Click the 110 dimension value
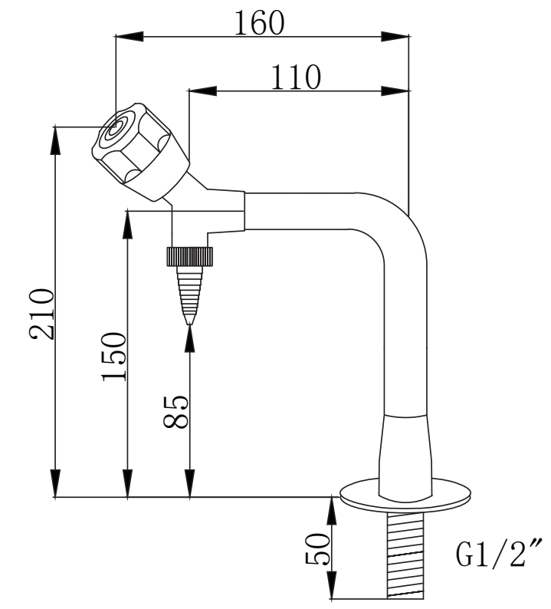295,77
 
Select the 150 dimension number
113,357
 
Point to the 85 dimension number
176,412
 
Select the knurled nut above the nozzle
189,255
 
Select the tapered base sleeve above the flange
405,449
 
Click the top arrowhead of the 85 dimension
190,335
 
